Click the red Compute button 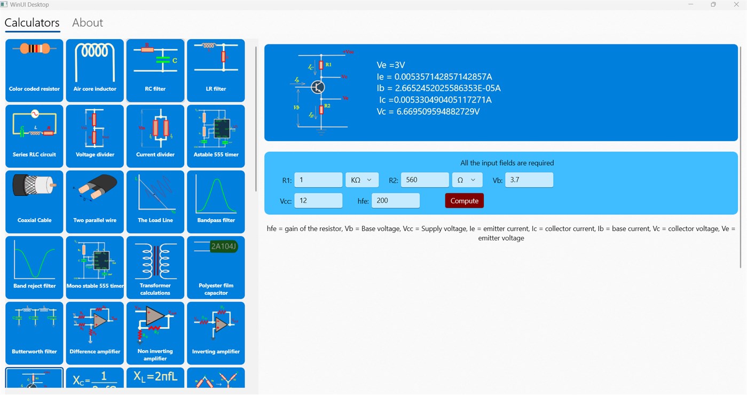[x=464, y=201]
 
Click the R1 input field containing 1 [x=318, y=180]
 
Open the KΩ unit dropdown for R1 [x=362, y=180]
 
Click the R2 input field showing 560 [x=424, y=180]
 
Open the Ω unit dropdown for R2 [x=467, y=180]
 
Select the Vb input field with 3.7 [x=529, y=180]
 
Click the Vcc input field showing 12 [x=318, y=201]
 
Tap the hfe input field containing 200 [x=395, y=201]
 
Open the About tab [x=88, y=23]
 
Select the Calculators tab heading [x=32, y=23]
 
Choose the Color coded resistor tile [x=34, y=70]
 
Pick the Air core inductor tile [x=95, y=70]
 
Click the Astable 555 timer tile [x=216, y=136]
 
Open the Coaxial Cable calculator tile [x=34, y=202]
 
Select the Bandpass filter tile [x=216, y=202]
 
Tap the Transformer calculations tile [x=155, y=267]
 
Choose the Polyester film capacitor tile [x=216, y=267]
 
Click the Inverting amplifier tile [x=216, y=333]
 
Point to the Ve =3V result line [x=391, y=65]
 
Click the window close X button [x=736, y=5]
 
